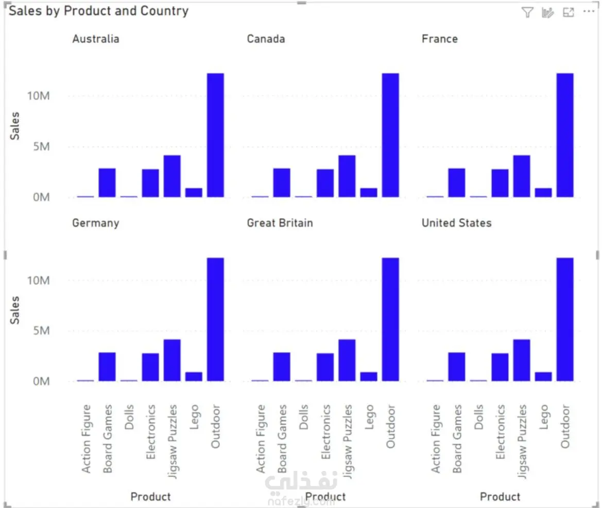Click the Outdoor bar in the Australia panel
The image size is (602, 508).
point(215,135)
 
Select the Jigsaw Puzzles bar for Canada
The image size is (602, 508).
point(347,176)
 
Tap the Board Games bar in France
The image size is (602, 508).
point(456,183)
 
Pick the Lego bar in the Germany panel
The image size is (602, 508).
point(194,376)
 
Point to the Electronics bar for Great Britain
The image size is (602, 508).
point(325,367)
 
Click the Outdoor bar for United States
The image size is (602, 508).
point(565,319)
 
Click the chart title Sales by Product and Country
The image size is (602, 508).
point(98,11)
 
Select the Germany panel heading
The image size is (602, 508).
point(96,223)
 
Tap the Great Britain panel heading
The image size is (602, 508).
point(280,223)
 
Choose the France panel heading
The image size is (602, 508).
point(439,39)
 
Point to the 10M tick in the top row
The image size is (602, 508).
point(38,96)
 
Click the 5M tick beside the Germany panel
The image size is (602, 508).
point(38,331)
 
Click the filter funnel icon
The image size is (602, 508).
point(527,13)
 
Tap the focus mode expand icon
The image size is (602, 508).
point(569,13)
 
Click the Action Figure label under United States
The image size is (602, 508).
point(436,439)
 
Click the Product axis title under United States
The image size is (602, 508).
point(500,496)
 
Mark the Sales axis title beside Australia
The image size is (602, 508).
point(15,125)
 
